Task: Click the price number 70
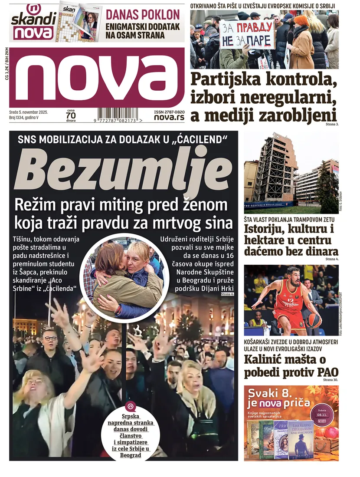(71, 115)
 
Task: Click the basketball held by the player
(313, 320)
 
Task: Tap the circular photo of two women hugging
(123, 273)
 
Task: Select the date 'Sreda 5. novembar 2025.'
(28, 112)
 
